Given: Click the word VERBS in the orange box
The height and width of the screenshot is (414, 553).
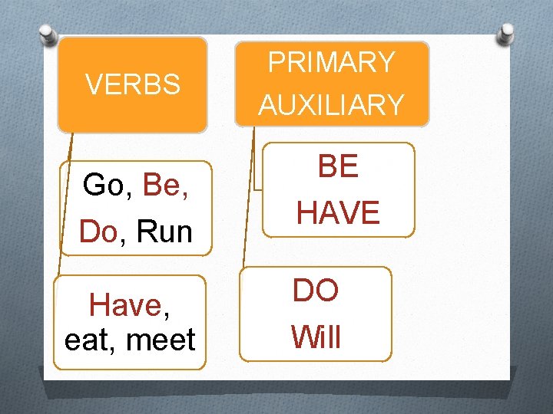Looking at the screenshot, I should (133, 84).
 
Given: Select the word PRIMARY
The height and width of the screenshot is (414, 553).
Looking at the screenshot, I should (331, 62).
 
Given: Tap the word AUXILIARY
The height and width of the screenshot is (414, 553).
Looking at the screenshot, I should (331, 105).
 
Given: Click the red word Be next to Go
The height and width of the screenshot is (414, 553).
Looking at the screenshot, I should (161, 185).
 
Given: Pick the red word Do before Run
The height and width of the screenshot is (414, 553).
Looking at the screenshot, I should (97, 232).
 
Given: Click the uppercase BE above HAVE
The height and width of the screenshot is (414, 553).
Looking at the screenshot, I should (338, 167).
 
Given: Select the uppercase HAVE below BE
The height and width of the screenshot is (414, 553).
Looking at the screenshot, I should (338, 213).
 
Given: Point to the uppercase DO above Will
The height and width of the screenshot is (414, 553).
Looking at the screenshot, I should (316, 290).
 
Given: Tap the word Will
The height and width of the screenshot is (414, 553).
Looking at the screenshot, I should (316, 337).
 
